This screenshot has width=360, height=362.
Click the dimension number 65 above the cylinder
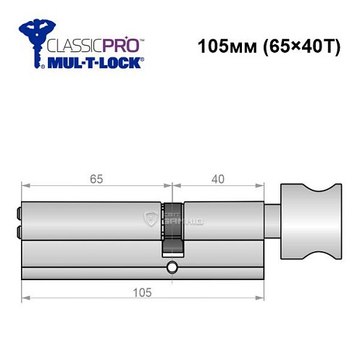tap(96, 176)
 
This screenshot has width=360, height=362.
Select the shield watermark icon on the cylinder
tap(151, 219)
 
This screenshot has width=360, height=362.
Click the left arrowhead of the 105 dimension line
tap(25, 298)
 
